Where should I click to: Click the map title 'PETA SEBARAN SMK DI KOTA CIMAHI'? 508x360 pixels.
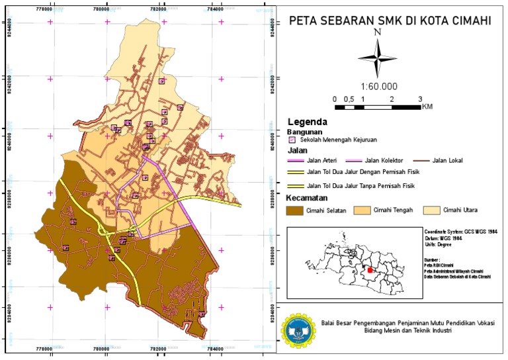pos(390,21)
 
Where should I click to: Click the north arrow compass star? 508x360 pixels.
pos(377,58)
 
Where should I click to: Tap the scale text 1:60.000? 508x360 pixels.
pos(378,86)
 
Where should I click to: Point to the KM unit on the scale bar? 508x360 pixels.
pos(427,107)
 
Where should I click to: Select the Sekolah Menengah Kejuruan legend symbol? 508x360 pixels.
pos(291,140)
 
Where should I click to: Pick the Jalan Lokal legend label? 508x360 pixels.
pos(447,161)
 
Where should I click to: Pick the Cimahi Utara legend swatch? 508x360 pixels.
pos(431,210)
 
